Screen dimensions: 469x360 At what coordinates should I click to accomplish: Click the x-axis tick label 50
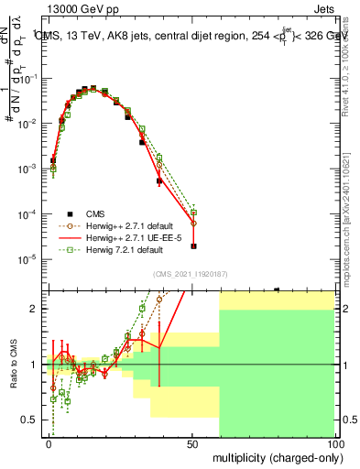coord(192,443)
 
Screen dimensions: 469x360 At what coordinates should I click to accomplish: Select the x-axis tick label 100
coord(334,443)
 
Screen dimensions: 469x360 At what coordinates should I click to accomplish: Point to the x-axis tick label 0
coord(49,443)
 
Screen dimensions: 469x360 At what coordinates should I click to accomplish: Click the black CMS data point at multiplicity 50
coord(192,245)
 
